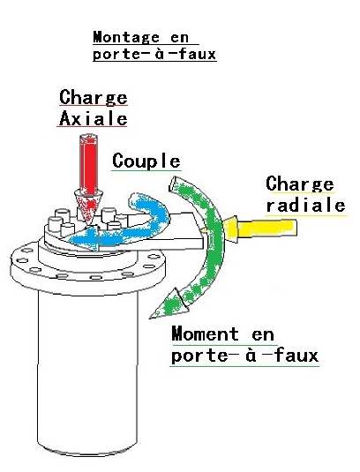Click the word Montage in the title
click(x=126, y=38)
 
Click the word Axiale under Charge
click(x=94, y=118)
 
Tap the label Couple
click(x=146, y=161)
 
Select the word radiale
click(x=305, y=206)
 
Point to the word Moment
click(x=206, y=333)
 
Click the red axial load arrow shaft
click(x=88, y=164)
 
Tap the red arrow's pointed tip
click(x=88, y=224)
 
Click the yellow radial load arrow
click(x=260, y=228)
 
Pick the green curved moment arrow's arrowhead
click(x=169, y=304)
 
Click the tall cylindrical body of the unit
click(x=87, y=371)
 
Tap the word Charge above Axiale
click(x=94, y=97)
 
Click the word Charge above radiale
click(x=300, y=184)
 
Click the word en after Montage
click(x=179, y=38)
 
